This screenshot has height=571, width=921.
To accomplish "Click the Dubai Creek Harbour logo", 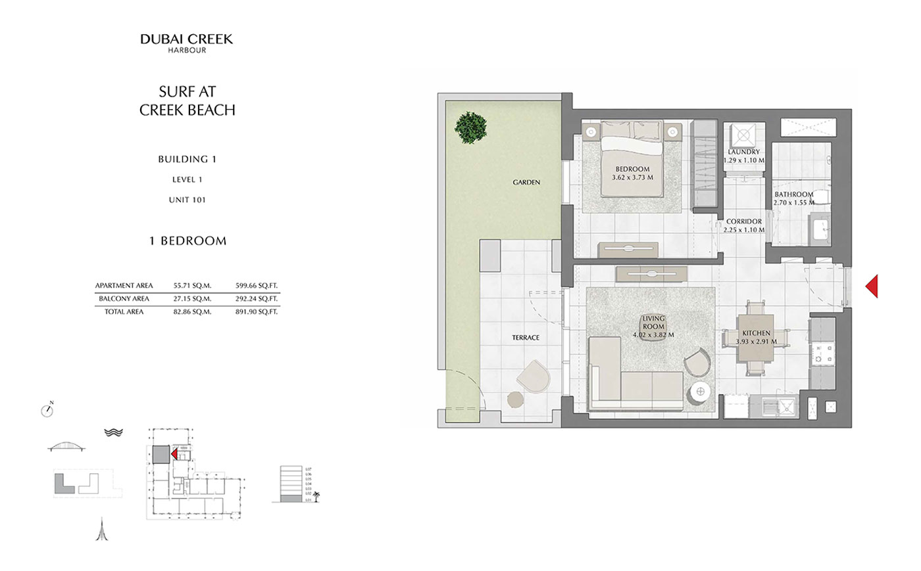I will click(187, 43).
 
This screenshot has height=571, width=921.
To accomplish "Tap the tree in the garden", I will click(472, 127).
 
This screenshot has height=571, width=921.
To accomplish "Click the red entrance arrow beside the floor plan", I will click(872, 286).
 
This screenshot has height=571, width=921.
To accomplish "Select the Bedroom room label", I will click(632, 169).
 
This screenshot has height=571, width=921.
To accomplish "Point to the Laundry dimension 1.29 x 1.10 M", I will click(744, 160).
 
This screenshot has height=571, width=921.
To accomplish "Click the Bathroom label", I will click(793, 194).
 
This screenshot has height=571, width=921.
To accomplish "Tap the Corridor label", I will click(744, 221).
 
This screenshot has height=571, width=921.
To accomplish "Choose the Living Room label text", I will click(653, 323).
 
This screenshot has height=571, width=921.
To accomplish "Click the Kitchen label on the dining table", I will click(756, 333).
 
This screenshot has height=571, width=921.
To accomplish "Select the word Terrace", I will click(526, 338).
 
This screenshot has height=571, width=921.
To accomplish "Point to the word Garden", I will click(526, 182).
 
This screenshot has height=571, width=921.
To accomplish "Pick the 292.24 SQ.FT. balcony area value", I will click(257, 299).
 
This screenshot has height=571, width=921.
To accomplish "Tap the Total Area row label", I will click(124, 312).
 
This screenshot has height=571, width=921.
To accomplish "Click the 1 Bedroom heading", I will click(187, 241).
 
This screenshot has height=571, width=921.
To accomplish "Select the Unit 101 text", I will click(187, 200).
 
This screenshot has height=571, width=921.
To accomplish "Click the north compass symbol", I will click(47, 411).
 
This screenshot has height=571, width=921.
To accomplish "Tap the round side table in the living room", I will click(700, 392).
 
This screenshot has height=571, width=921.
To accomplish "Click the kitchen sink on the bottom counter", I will click(784, 406).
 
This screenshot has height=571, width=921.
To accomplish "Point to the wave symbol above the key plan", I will click(113, 432).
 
